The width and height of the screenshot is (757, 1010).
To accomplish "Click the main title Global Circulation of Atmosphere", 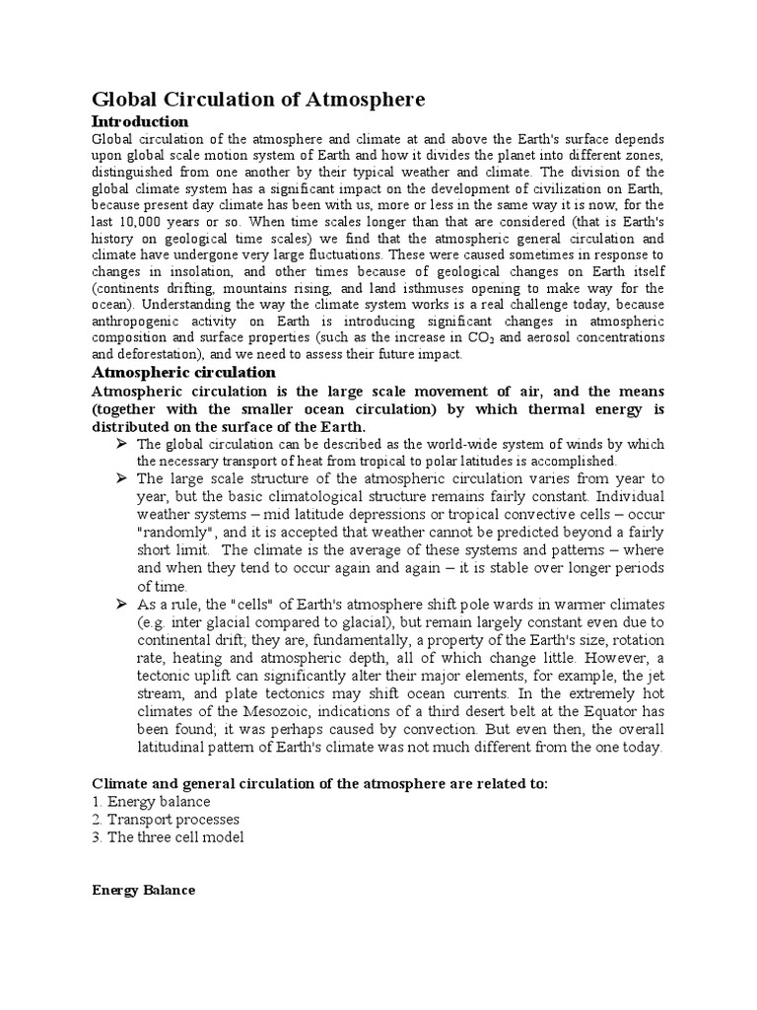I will [258, 100].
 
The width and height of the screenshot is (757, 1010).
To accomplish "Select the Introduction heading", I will [139, 121].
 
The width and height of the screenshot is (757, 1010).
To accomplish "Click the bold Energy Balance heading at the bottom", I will [144, 890].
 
